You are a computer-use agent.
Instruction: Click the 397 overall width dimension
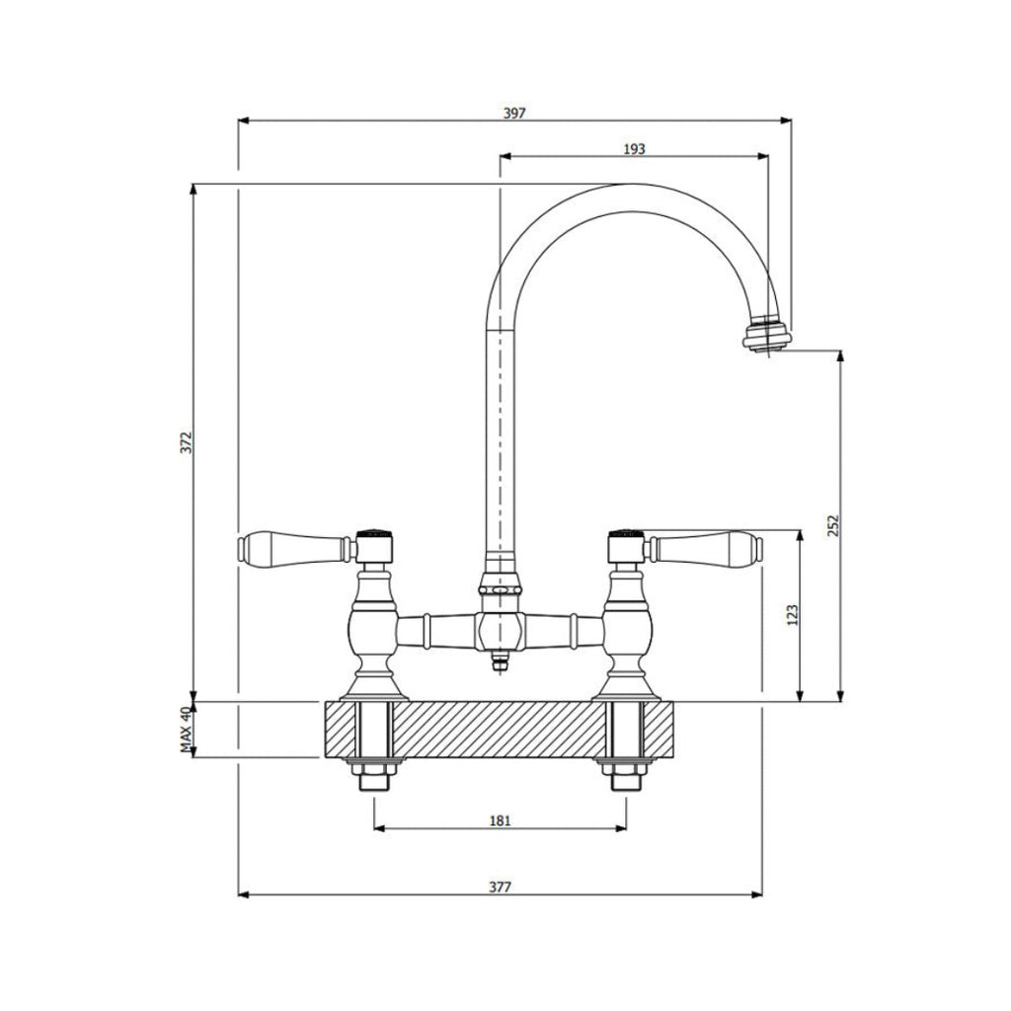point(514,113)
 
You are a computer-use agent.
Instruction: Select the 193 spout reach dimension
point(634,148)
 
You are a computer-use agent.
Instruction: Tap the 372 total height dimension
point(185,442)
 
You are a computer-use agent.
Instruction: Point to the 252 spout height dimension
point(832,525)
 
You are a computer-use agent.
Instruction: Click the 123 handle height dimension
point(792,615)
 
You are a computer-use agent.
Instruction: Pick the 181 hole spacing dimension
point(500,820)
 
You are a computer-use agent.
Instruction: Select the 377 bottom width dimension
point(501,887)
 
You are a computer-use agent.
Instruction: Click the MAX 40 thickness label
point(185,731)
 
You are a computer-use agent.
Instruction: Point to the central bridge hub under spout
point(500,628)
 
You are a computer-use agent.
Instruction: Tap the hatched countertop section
point(500,730)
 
